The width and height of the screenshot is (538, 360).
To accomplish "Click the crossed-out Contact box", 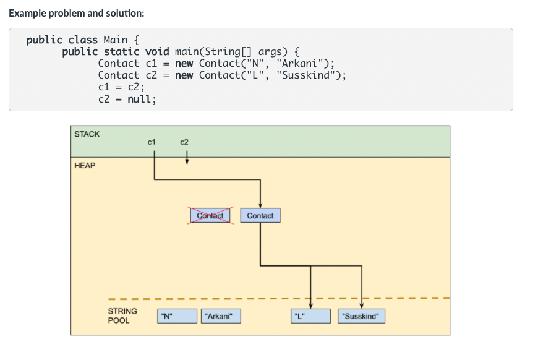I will [210, 215].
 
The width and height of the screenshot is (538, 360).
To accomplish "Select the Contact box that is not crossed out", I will [260, 215].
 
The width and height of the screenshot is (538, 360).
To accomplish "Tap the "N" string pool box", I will [177, 316].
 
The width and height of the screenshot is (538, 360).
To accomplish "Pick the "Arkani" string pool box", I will [220, 316].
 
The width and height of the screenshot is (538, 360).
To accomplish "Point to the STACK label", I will [87, 134].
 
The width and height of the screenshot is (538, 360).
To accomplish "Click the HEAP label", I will [85, 166].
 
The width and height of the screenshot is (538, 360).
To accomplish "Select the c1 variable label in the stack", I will [152, 142].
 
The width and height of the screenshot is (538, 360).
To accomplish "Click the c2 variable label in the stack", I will [184, 142].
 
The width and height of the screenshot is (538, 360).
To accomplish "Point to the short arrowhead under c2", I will [186, 163].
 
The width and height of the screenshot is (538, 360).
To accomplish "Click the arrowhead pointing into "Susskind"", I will [361, 304].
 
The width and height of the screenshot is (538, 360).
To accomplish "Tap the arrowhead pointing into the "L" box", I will [310, 304].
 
